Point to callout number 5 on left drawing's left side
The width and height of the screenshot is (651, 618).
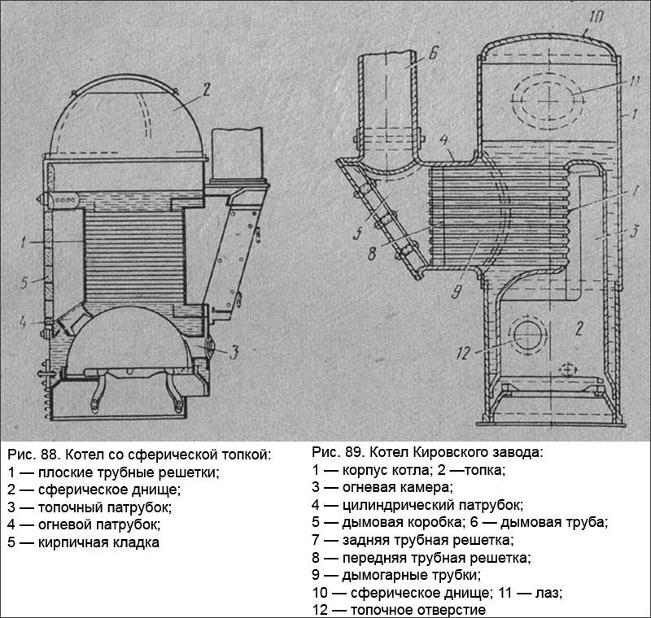[25, 282]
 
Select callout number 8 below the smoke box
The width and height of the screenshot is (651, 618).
[372, 253]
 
